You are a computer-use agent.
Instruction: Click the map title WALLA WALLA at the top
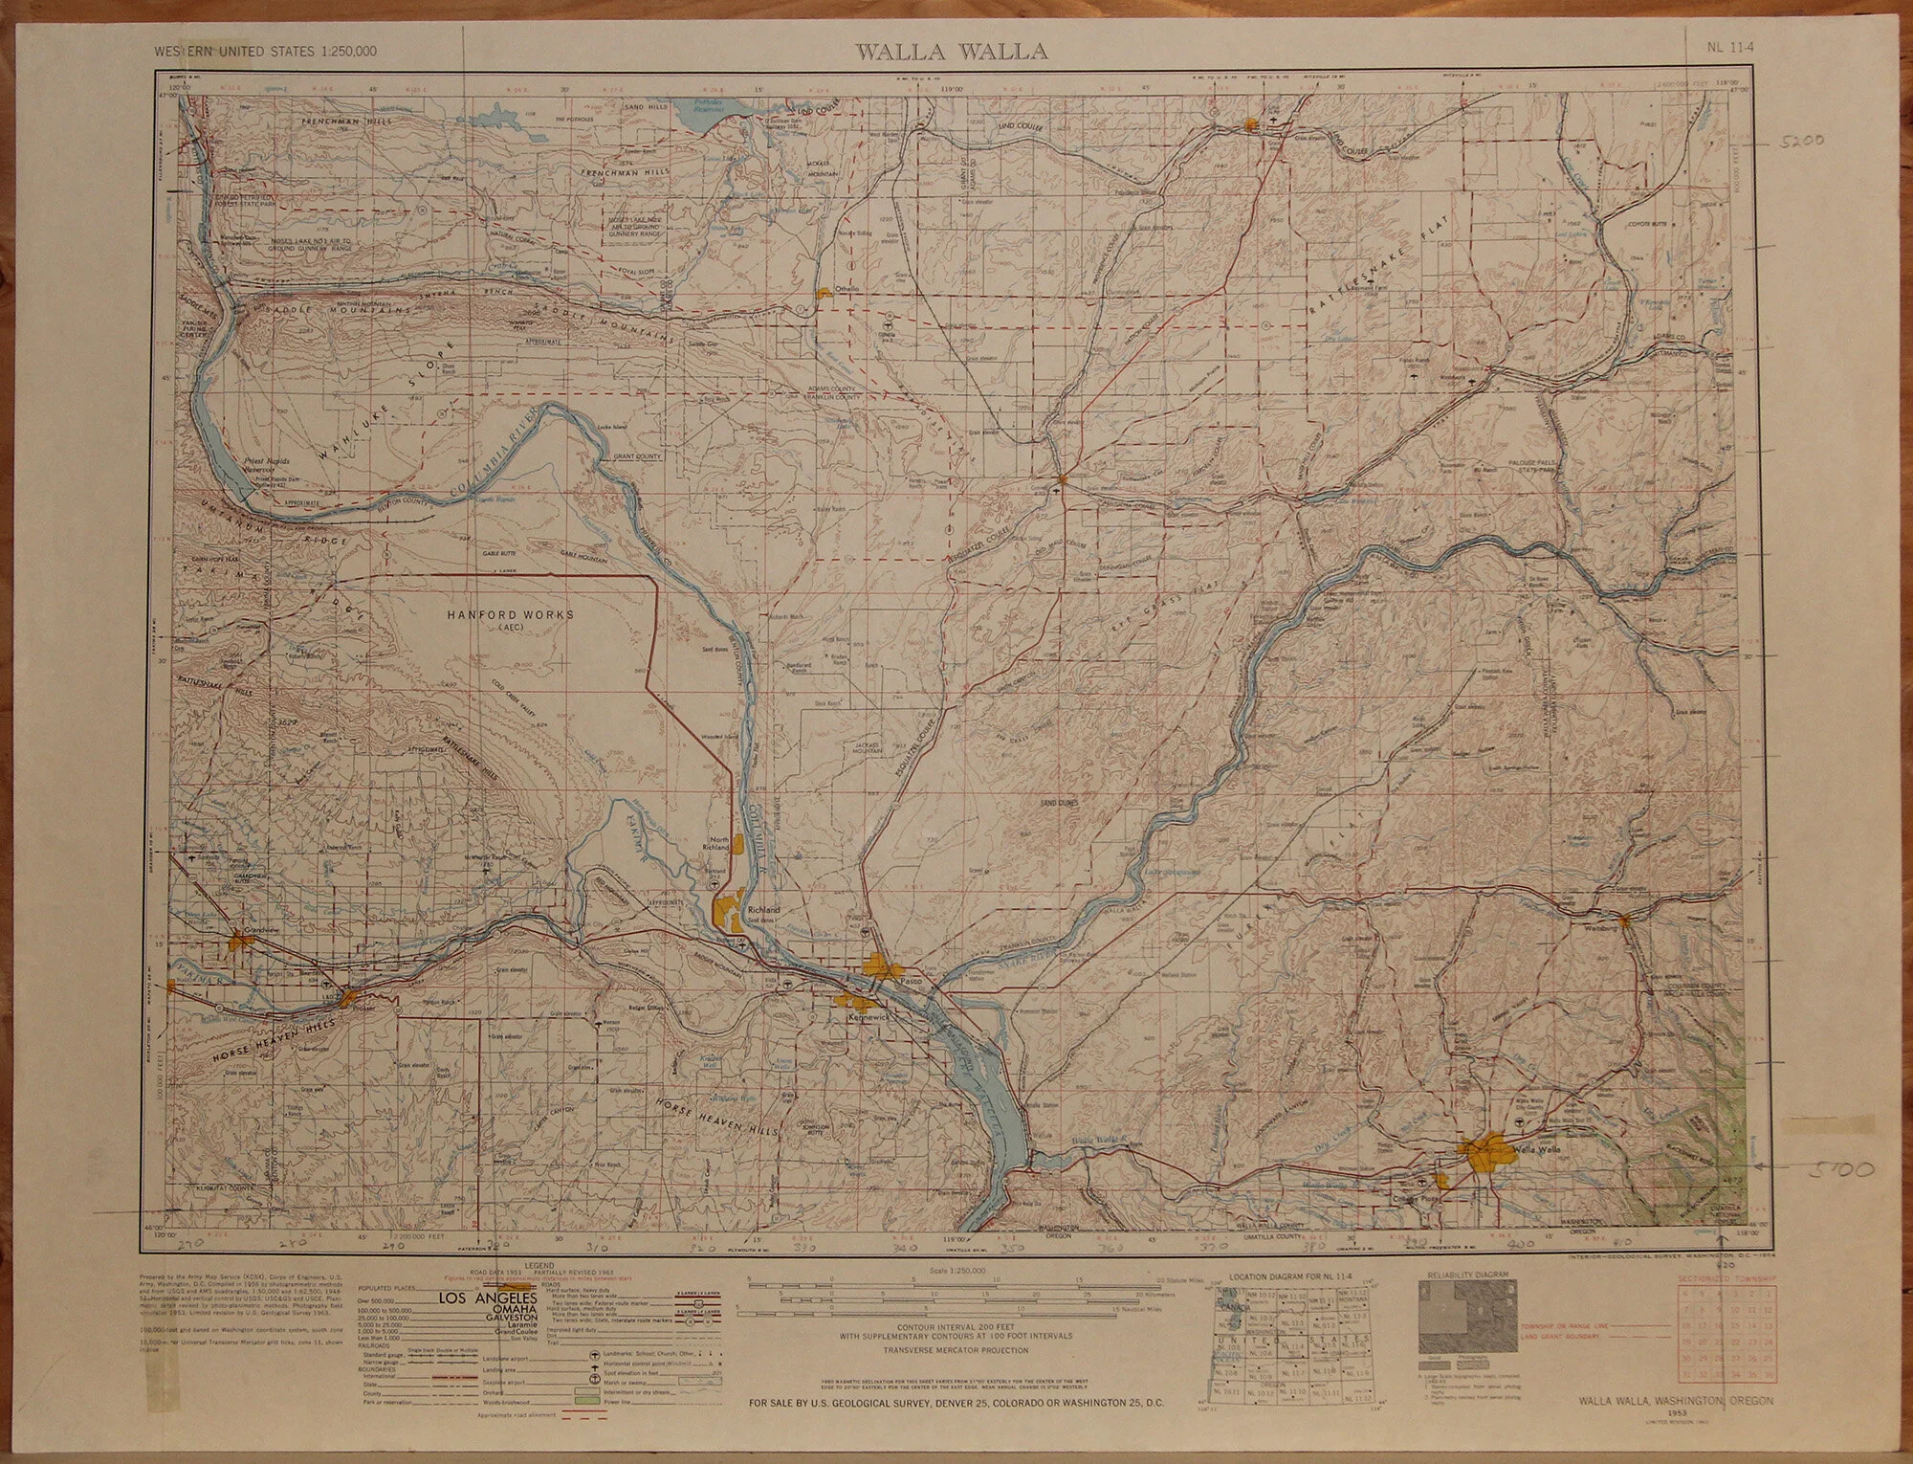coord(951,52)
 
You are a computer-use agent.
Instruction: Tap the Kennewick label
coord(869,1018)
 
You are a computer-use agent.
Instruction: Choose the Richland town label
coord(764,909)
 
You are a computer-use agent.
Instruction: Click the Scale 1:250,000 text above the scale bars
coord(956,1271)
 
